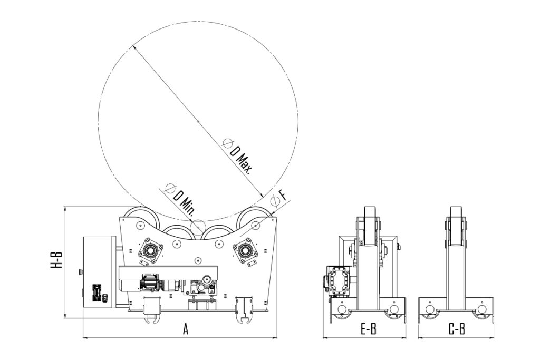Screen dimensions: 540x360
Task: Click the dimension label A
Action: tap(186, 329)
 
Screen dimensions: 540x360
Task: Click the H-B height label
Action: tap(57, 260)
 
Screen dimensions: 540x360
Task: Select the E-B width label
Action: tap(368, 329)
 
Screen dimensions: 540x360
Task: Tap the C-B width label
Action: tap(457, 329)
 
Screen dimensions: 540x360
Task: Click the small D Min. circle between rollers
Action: tap(197, 227)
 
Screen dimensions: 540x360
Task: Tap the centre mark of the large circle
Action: tap(198, 121)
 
